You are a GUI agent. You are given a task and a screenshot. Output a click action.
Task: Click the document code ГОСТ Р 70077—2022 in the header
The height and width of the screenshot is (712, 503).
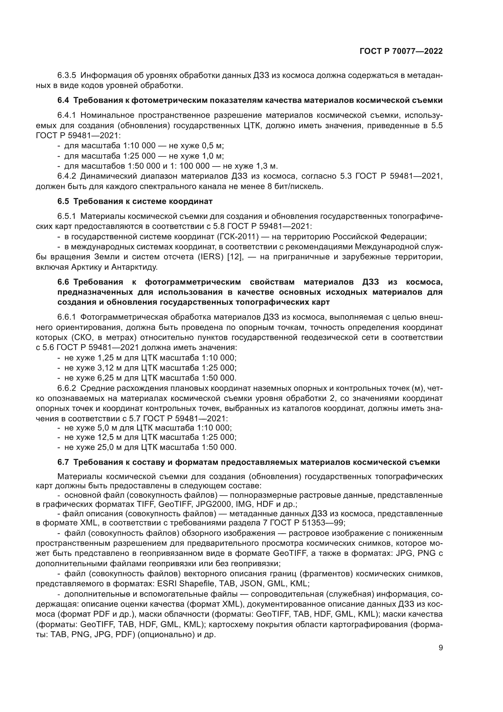(x=401, y=51)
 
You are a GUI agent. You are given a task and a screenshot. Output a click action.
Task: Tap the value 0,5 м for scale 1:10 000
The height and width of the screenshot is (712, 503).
(x=213, y=146)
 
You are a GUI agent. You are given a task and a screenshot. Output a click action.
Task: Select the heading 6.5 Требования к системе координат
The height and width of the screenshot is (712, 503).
(x=135, y=202)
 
